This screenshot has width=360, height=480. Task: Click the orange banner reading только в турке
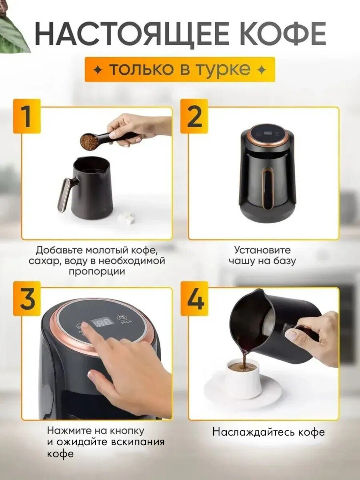180,70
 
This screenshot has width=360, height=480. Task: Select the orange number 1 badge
27,116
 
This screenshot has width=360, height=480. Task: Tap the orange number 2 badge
194,116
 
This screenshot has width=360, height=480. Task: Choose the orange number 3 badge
27,298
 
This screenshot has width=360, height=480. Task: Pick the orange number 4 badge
194,298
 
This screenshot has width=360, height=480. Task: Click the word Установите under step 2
262,250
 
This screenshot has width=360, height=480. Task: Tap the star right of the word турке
262,70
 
